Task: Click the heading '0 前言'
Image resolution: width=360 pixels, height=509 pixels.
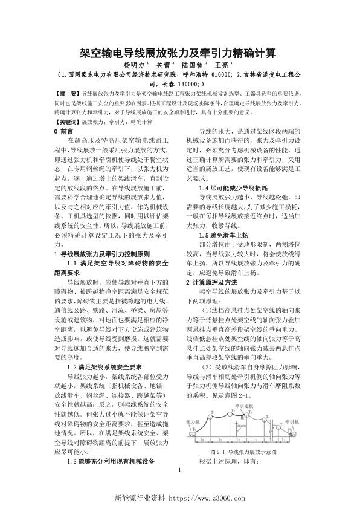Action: [x=64, y=131]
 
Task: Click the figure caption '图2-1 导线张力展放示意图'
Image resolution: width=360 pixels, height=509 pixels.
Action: [x=242, y=452]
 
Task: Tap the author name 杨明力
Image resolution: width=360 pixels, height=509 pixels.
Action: [x=133, y=65]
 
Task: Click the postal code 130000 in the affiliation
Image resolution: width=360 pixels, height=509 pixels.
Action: [x=194, y=85]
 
